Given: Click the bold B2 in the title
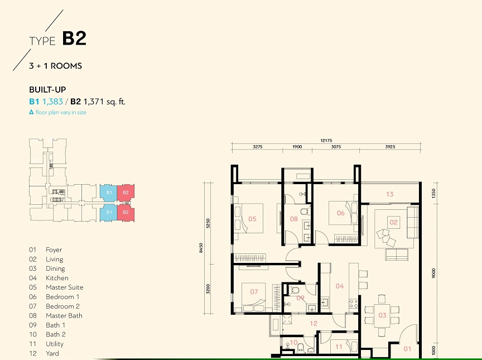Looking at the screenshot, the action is coord(74,38).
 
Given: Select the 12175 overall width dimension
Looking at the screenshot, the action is coord(326,141).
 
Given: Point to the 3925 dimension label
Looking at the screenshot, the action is coord(390,147).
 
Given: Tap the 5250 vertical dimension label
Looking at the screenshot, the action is coord(208,223).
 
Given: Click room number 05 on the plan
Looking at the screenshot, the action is coord(252,219).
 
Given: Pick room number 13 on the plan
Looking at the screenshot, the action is coord(390,194).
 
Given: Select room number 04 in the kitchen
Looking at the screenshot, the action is coord(340,286).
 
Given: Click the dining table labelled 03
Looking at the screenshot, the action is coord(382,315).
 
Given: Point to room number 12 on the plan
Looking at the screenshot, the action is coord(314,323).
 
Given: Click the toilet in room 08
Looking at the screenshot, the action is coord(305,212).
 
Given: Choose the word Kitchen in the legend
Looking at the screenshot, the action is coord(57,278).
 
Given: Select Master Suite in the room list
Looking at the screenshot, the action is coord(65,287).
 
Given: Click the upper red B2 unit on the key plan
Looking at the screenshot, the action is coord(126,193).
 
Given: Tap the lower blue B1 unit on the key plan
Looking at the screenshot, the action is coord(109,213).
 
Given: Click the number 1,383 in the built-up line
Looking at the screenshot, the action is coord(52,102).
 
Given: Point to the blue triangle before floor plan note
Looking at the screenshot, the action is coord(31,112).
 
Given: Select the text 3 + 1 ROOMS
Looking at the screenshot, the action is coord(56,66).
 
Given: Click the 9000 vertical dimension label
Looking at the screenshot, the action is coord(433,273).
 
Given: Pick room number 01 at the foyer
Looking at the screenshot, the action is coord(407,349).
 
